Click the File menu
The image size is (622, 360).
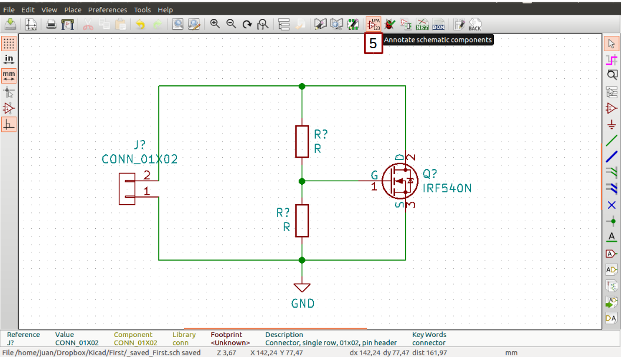pyautogui.click(x=9, y=10)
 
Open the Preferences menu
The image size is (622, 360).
pyautogui.click(x=108, y=10)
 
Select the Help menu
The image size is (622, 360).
pyautogui.click(x=165, y=10)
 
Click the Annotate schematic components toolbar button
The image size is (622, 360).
pyautogui.click(x=373, y=24)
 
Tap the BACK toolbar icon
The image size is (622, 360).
pyautogui.click(x=474, y=24)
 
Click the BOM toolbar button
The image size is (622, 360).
pyautogui.click(x=439, y=24)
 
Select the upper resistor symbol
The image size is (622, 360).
pyautogui.click(x=302, y=141)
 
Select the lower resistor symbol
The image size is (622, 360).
pyautogui.click(x=302, y=221)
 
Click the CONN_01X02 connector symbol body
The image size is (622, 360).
pyautogui.click(x=126, y=188)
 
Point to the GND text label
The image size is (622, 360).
pyautogui.click(x=303, y=304)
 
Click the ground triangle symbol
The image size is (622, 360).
pyautogui.click(x=302, y=288)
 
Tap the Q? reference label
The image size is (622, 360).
pyautogui.click(x=430, y=175)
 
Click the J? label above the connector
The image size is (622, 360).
pyautogui.click(x=139, y=145)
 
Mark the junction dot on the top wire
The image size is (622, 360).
pyautogui.click(x=302, y=86)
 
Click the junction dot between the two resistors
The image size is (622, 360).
pyautogui.click(x=302, y=181)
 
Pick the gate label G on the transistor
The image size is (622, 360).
pyautogui.click(x=374, y=175)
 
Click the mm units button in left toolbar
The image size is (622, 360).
pyautogui.click(x=9, y=75)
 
